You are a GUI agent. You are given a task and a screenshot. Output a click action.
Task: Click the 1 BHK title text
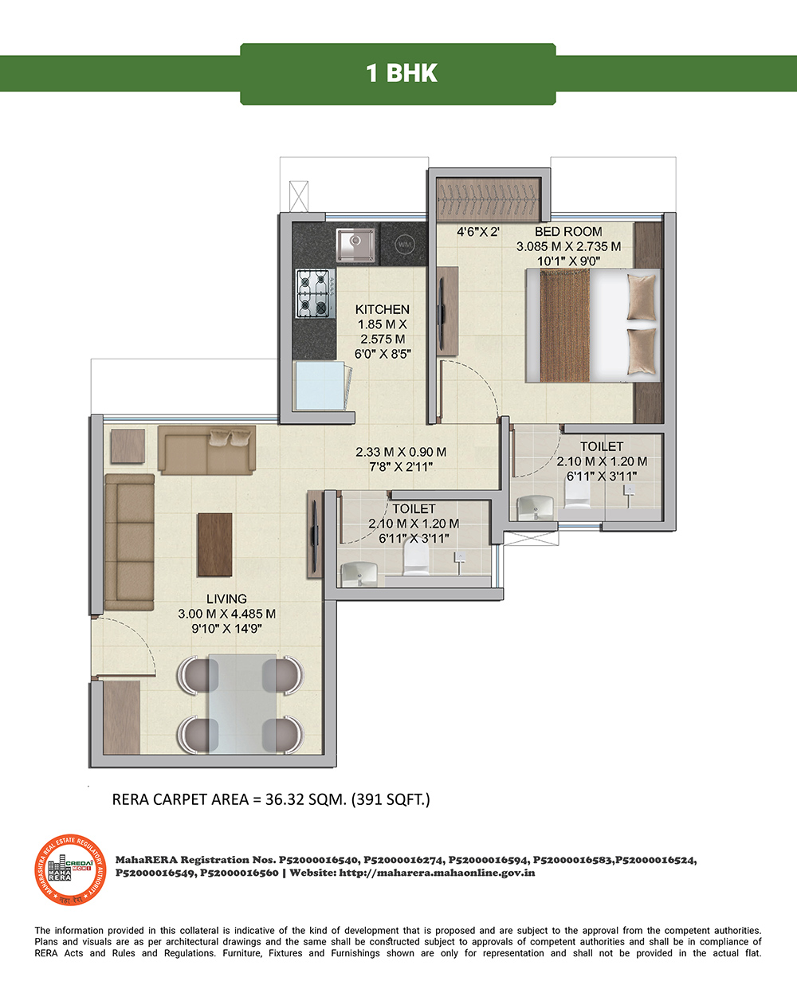(402, 73)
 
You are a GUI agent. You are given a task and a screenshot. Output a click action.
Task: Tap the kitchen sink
(355, 244)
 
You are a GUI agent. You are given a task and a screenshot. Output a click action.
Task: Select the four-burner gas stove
(316, 294)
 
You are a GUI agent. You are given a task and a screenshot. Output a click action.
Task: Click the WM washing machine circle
(404, 244)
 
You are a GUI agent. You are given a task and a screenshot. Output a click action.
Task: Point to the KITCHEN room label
(382, 309)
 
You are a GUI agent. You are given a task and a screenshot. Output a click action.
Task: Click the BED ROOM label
(568, 232)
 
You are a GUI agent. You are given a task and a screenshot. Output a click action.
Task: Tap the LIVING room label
(226, 599)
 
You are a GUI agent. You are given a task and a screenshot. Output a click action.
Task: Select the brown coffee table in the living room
(214, 545)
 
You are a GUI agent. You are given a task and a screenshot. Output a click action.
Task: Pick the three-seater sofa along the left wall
(129, 542)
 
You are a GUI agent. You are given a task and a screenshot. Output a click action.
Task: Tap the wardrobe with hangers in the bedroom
(489, 199)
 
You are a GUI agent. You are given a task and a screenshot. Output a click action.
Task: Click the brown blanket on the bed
(565, 326)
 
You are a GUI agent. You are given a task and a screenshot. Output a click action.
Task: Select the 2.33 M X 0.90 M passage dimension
(401, 452)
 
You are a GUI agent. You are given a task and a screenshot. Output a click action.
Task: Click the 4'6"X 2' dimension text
(478, 232)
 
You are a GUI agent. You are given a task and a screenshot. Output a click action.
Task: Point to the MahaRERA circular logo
(71, 869)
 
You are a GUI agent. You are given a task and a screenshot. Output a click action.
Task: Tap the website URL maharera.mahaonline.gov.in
(437, 873)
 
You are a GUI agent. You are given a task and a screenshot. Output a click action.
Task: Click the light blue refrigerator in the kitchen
(320, 386)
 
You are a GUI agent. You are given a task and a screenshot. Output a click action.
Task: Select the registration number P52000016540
(319, 860)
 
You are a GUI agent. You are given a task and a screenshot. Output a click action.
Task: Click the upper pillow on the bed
(642, 297)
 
